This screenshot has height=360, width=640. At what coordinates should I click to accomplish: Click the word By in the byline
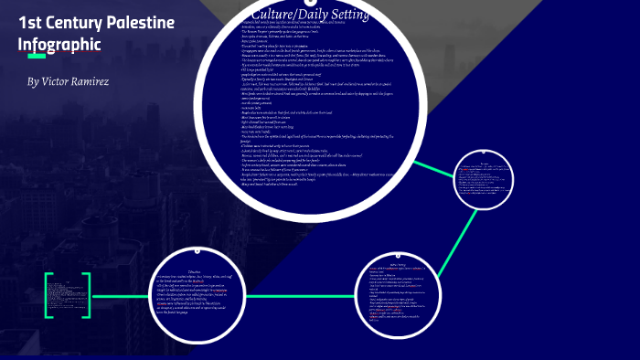coord(33,82)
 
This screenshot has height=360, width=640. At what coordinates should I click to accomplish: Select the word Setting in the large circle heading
coord(342,16)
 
